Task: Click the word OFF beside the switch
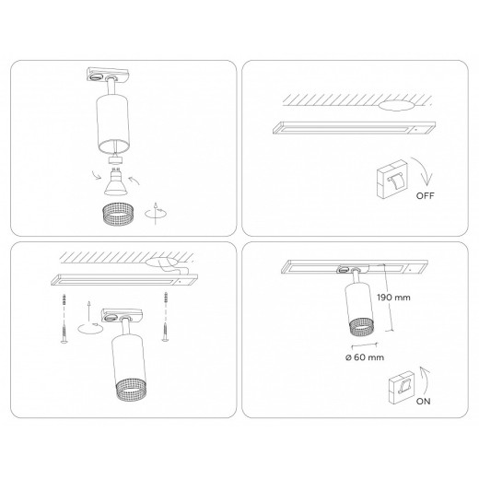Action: pyautogui.click(x=425, y=195)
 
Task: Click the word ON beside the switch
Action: pyautogui.click(x=423, y=401)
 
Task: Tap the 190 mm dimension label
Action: pyautogui.click(x=393, y=298)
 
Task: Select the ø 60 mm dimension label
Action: pyautogui.click(x=365, y=357)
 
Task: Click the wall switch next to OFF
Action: pyautogui.click(x=391, y=179)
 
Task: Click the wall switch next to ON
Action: pyautogui.click(x=402, y=388)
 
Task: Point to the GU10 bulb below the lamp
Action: pyautogui.click(x=115, y=183)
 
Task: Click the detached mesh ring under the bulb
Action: pyautogui.click(x=117, y=214)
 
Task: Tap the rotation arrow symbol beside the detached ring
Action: pyautogui.click(x=156, y=213)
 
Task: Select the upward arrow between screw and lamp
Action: pyautogui.click(x=88, y=310)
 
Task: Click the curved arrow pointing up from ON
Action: pyautogui.click(x=426, y=380)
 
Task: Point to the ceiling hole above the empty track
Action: pyautogui.click(x=395, y=105)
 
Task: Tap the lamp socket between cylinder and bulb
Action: pyautogui.click(x=116, y=160)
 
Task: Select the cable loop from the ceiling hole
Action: pyautogui.click(x=172, y=268)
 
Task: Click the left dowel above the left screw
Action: pyautogui.click(x=64, y=300)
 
